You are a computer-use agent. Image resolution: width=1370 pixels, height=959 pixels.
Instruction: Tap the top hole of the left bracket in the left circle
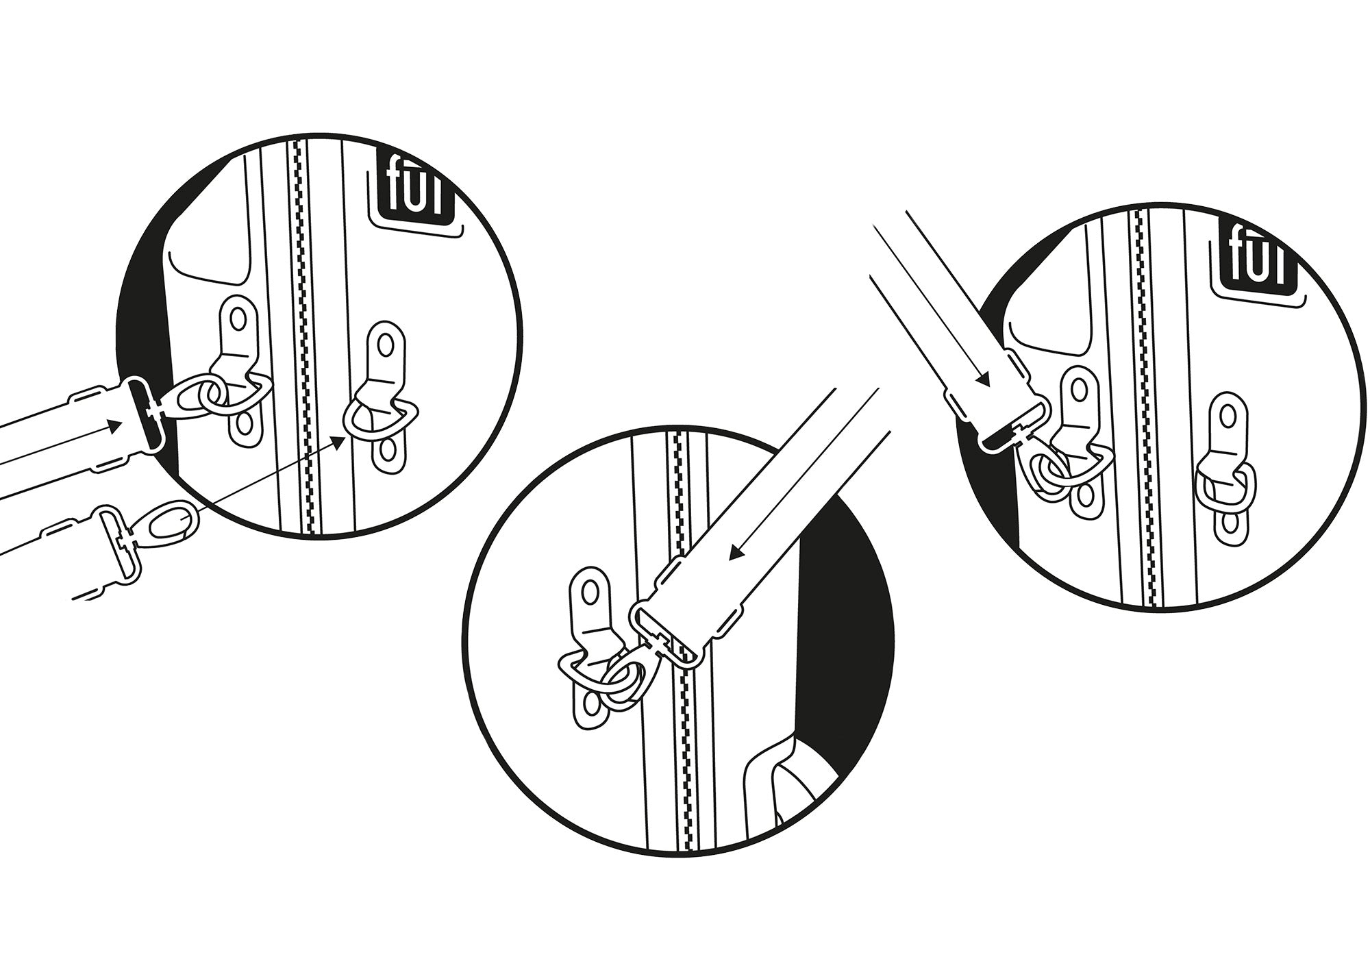click(237, 319)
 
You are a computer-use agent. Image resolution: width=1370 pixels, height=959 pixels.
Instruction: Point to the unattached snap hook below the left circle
click(147, 534)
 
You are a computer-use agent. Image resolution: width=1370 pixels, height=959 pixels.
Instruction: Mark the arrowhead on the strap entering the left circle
click(115, 426)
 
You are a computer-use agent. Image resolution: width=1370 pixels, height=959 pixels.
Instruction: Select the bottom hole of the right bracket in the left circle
click(386, 453)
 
